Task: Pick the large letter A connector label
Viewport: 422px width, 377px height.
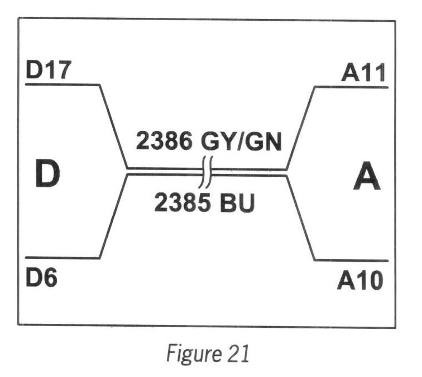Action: [x=366, y=179]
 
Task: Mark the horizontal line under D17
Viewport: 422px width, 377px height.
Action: [x=61, y=85]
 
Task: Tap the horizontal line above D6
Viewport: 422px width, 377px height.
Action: [x=61, y=258]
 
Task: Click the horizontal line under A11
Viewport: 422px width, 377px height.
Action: [x=352, y=87]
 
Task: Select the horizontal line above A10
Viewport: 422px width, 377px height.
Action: [x=352, y=260]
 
